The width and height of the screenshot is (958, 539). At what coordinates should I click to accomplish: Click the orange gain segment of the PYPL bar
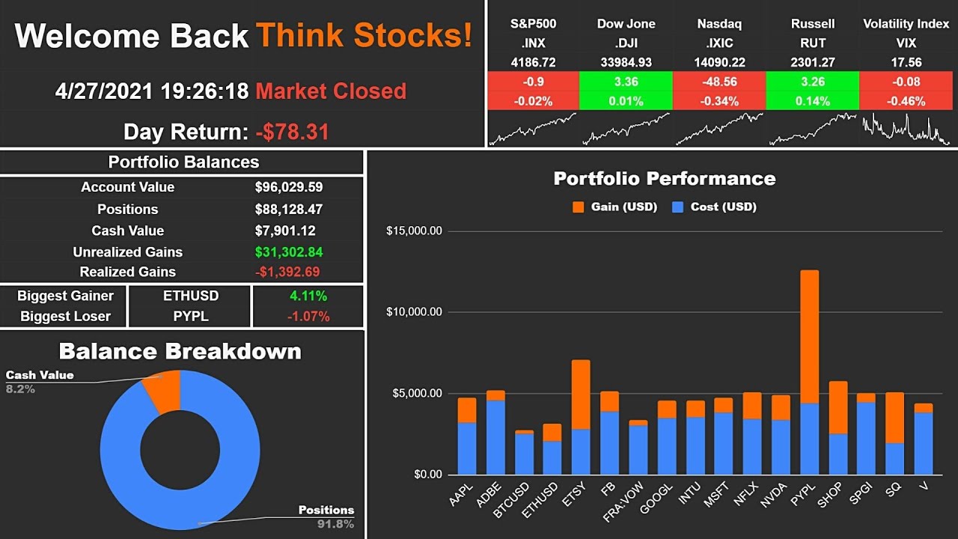click(x=809, y=337)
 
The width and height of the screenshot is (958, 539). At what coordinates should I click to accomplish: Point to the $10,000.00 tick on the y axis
click(x=414, y=312)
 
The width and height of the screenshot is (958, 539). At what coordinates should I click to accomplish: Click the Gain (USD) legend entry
click(x=614, y=207)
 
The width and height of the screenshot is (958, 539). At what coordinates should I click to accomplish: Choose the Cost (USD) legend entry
click(x=714, y=207)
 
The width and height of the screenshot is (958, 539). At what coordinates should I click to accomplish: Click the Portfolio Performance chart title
click(x=664, y=179)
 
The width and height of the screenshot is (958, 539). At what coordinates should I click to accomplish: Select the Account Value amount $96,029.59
click(x=289, y=187)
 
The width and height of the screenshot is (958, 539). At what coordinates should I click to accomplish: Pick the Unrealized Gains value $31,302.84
click(x=289, y=252)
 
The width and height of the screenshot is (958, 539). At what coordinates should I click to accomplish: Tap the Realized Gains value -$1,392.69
click(x=289, y=272)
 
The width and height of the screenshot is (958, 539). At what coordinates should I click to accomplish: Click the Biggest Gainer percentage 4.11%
click(x=308, y=296)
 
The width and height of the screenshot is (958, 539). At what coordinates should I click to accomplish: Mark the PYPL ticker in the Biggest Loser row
click(x=190, y=317)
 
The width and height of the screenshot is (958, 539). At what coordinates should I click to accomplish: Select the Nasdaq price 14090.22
click(x=719, y=63)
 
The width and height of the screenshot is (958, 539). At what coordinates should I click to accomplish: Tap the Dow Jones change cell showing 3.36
click(x=626, y=82)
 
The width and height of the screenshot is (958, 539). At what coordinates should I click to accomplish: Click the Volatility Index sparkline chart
click(x=906, y=129)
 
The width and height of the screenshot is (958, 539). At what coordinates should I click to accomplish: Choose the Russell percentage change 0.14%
click(x=812, y=101)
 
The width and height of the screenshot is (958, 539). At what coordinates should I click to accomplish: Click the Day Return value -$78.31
click(x=292, y=133)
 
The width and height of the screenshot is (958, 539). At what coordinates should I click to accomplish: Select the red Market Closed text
click(x=331, y=91)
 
